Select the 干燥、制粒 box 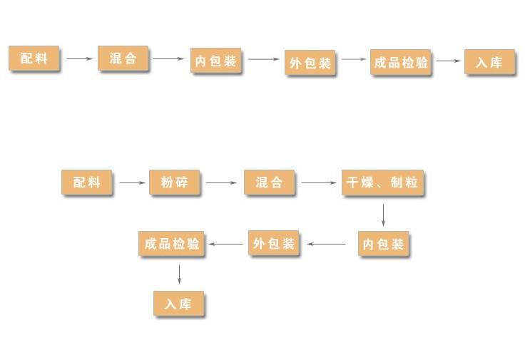(x=382, y=182)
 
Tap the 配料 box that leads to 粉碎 (x=87, y=182)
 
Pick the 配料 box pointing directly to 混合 (x=34, y=58)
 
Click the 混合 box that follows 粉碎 (x=269, y=182)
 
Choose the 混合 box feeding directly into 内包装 (x=123, y=58)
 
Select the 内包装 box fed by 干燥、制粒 (x=383, y=245)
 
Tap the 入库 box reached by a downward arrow (x=178, y=304)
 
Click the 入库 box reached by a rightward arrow (x=489, y=62)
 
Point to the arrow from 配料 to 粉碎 (x=132, y=183)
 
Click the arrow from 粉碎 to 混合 (x=221, y=183)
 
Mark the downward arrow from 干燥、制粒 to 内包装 (x=383, y=215)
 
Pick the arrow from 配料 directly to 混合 (x=80, y=58)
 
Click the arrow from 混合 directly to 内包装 (x=169, y=58)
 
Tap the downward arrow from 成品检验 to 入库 (x=179, y=274)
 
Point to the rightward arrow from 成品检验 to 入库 (x=449, y=61)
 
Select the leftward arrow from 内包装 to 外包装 (x=326, y=245)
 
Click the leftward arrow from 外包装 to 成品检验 (x=226, y=245)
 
